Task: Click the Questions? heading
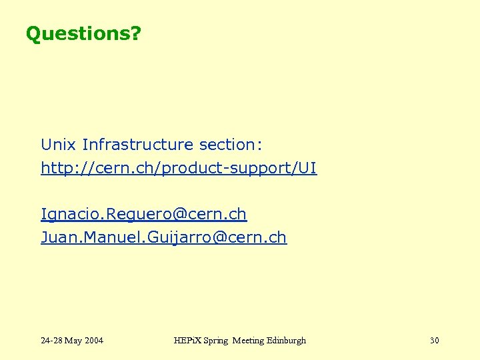pyautogui.click(x=83, y=33)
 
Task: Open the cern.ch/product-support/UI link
pyautogui.click(x=179, y=169)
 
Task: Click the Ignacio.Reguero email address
pyautogui.click(x=143, y=214)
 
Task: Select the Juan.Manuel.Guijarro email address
pyautogui.click(x=163, y=237)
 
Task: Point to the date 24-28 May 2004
pyautogui.click(x=72, y=341)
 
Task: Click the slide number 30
pyautogui.click(x=435, y=341)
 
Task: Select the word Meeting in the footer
pyautogui.click(x=247, y=341)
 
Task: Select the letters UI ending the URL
pyautogui.click(x=308, y=169)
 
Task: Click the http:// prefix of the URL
pyautogui.click(x=60, y=169)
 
